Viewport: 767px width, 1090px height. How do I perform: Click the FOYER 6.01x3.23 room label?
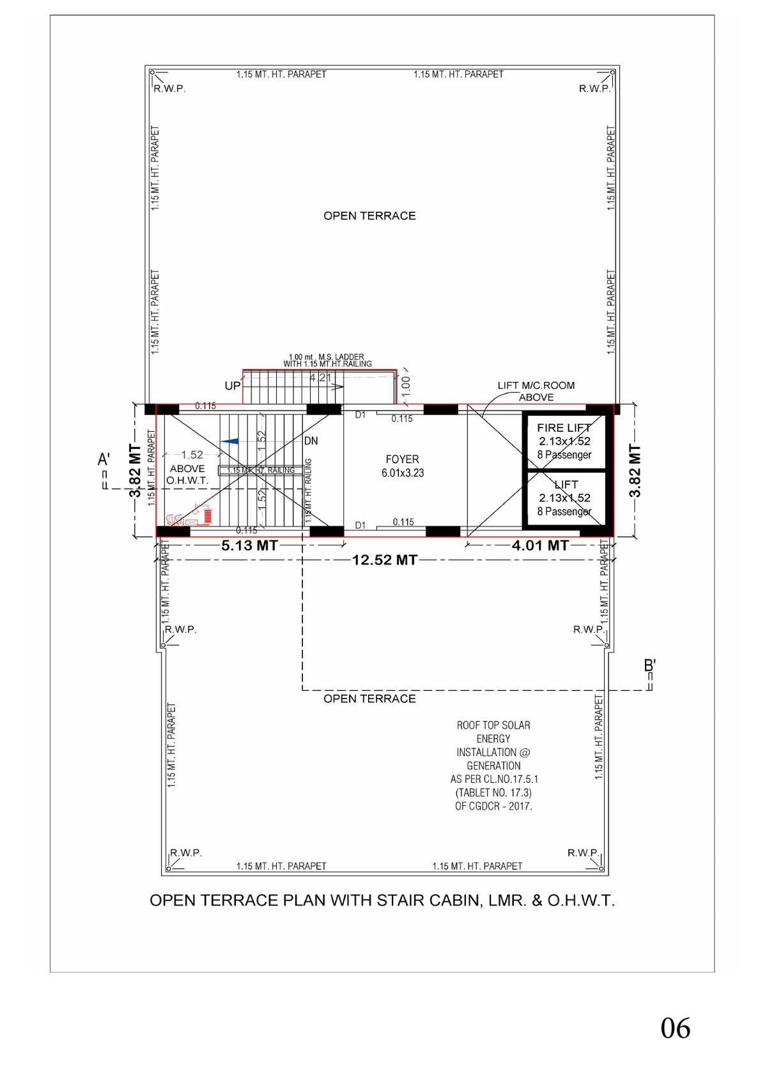(402, 466)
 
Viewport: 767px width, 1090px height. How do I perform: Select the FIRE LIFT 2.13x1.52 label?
(564, 434)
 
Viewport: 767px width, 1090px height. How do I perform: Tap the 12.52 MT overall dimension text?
(384, 560)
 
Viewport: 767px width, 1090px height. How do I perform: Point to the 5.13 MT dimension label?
(249, 546)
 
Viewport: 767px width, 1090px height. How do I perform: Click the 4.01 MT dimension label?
(540, 546)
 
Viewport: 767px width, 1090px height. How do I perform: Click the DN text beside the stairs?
(311, 441)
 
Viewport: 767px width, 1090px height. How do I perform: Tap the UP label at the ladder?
(232, 386)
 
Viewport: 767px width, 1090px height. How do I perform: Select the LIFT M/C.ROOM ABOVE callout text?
(536, 391)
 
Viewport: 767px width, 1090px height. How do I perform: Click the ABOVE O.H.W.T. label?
(187, 474)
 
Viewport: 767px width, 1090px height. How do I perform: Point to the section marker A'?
(104, 460)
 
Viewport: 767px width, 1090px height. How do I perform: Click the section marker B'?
(649, 666)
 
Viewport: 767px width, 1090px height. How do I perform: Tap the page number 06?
(675, 1029)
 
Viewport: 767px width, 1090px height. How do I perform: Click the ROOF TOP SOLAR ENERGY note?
(493, 765)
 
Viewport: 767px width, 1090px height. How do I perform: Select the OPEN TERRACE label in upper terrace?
(369, 216)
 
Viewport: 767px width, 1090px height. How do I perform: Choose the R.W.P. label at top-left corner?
(169, 89)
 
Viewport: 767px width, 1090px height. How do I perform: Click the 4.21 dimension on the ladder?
(320, 378)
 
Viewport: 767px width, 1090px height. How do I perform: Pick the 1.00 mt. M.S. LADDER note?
(327, 360)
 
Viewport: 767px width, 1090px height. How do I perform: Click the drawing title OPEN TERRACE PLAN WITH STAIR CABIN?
(382, 901)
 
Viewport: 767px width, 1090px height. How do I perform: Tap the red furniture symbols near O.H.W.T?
(190, 516)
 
